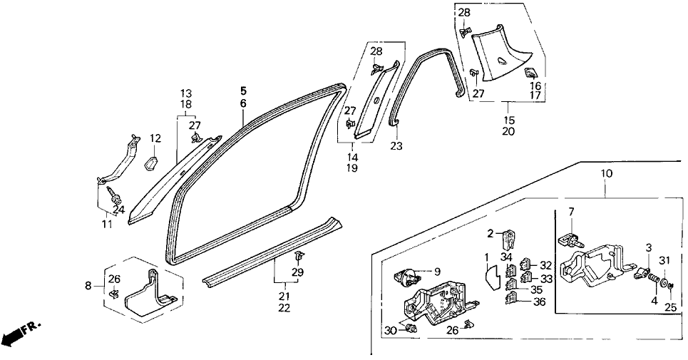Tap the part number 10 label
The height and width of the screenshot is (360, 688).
click(x=605, y=173)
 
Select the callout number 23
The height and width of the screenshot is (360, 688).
click(x=396, y=145)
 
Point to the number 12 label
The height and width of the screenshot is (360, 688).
click(x=155, y=138)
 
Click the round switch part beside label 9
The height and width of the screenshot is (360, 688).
click(x=411, y=274)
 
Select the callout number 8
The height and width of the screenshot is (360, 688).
click(x=88, y=286)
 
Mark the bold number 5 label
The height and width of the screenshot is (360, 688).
click(x=243, y=91)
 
